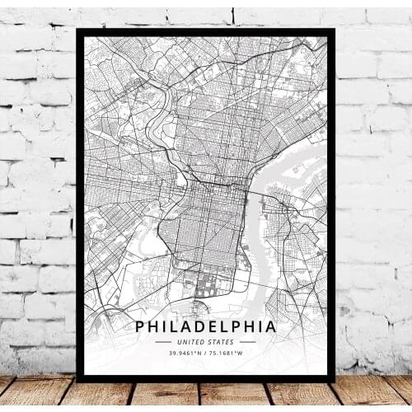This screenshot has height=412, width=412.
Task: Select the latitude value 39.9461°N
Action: (184, 354)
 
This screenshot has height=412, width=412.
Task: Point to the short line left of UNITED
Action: (165, 342)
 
